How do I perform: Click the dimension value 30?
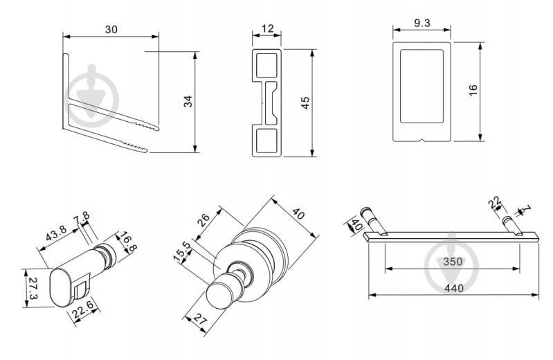(111, 30)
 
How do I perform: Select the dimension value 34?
(188, 101)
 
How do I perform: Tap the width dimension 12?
(268, 28)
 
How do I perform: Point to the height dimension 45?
(305, 102)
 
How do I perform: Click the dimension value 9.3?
(421, 24)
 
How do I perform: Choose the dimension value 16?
(473, 90)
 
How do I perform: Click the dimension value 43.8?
(56, 233)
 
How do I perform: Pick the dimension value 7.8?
(82, 218)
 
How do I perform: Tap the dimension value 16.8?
(127, 242)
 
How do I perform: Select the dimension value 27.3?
(33, 289)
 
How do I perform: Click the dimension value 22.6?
(83, 309)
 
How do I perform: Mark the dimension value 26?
(204, 221)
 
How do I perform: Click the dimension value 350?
(453, 262)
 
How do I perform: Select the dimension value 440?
(454, 289)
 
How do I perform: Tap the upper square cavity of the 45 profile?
(266, 65)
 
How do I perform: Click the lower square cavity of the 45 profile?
(266, 141)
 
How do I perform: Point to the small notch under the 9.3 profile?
(421, 140)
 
